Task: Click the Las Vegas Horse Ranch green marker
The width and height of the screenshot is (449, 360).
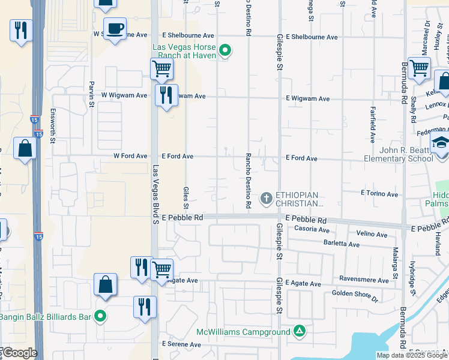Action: click(225, 50)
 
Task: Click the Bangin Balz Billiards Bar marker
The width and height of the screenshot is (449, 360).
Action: click(100, 316)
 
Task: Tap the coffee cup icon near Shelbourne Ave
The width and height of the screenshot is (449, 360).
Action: click(115, 28)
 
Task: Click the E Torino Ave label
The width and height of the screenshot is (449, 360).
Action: click(379, 194)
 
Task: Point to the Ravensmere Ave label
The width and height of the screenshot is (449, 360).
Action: click(364, 280)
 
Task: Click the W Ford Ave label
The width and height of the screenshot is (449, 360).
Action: click(130, 156)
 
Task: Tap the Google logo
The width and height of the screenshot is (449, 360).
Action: click(20, 353)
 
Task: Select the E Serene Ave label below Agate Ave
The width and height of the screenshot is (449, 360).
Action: click(182, 344)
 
